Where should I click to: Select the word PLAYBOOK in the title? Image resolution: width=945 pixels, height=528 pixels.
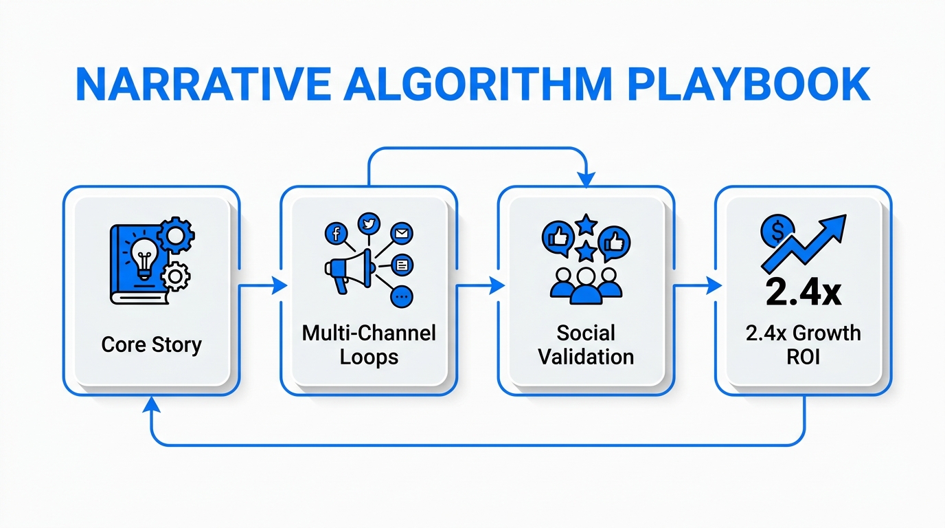click(742, 86)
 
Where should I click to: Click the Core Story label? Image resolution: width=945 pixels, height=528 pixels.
click(151, 344)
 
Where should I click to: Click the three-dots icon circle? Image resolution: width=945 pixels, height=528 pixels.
click(402, 297)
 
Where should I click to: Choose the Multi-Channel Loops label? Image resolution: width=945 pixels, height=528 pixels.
click(369, 345)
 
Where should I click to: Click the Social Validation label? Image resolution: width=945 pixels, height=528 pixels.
click(586, 345)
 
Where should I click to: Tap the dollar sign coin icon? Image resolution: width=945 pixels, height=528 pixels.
click(777, 232)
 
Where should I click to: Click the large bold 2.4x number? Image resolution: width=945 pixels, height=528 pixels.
click(803, 291)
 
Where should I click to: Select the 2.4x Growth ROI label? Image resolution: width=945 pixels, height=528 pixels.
click(803, 345)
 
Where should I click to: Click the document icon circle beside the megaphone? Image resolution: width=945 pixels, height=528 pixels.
click(402, 264)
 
